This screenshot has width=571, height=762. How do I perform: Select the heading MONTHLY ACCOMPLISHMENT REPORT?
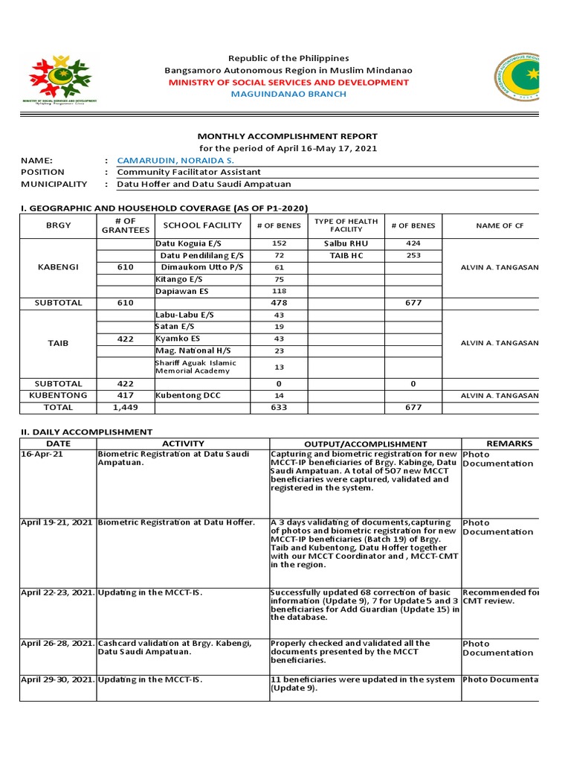click(287, 136)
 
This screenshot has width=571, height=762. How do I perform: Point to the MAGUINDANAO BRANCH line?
click(288, 94)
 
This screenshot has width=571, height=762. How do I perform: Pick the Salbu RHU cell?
click(346, 243)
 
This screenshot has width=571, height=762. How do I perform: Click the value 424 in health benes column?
click(413, 243)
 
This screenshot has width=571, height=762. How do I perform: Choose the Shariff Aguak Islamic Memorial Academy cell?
click(196, 366)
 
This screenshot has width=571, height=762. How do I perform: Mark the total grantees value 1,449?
click(125, 407)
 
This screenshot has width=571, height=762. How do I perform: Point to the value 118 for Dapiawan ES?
click(279, 291)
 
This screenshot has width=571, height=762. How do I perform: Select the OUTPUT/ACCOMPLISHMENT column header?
click(365, 444)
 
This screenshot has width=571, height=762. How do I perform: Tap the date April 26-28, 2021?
click(57, 643)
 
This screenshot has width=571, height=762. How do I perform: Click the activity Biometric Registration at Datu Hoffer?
click(176, 522)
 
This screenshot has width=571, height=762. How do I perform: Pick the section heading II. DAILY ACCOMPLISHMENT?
click(86, 432)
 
